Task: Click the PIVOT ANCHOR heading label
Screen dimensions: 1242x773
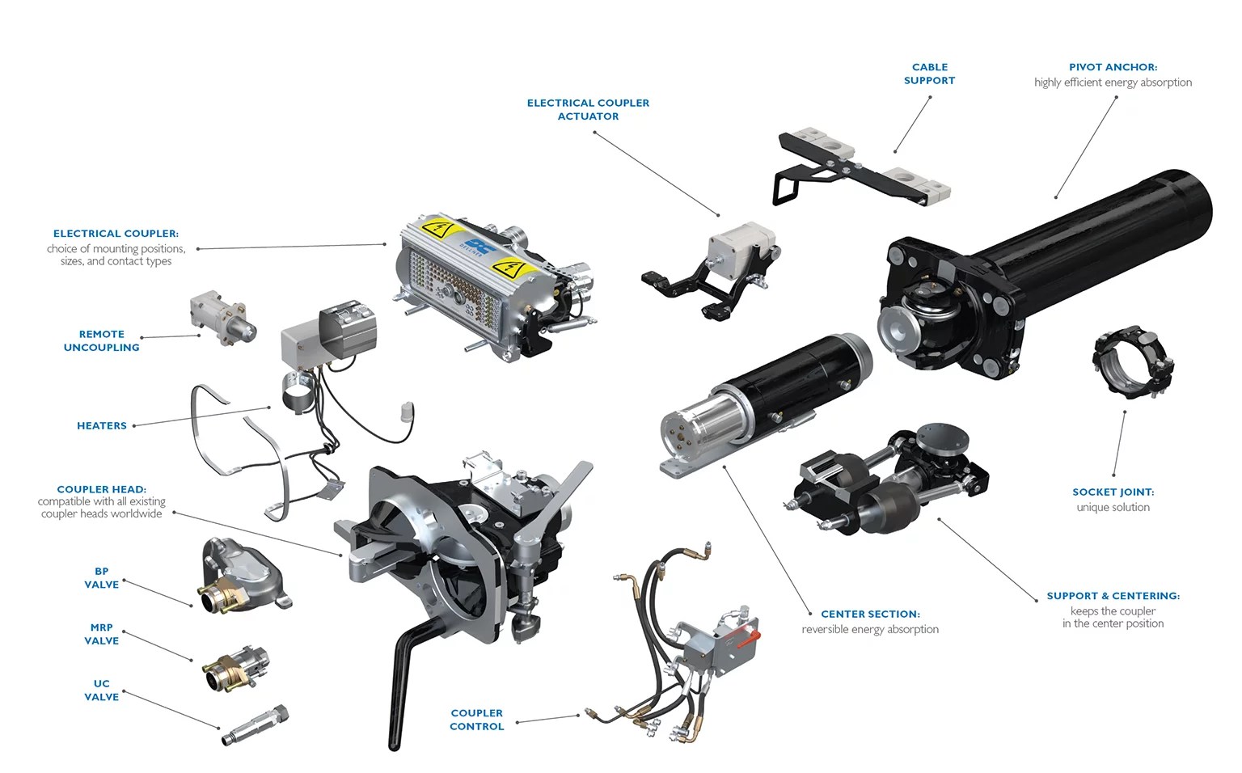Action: pos(1113,67)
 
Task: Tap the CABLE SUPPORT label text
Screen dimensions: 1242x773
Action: pos(930,74)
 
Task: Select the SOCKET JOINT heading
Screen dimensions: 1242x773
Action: pos(1113,492)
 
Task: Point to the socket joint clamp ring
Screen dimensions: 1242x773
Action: pos(1134,363)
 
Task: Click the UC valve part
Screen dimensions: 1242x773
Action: pos(256,724)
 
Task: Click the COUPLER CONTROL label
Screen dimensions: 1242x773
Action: pos(477,720)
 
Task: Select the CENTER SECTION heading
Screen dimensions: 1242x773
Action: pos(870,615)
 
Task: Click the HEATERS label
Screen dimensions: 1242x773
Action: pos(101,426)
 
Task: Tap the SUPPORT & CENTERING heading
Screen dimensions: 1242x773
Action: pos(1113,596)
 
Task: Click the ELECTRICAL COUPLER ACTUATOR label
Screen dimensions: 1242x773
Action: pos(588,110)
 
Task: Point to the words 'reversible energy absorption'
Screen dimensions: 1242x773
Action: pos(870,629)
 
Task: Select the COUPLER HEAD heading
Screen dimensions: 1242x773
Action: pos(101,490)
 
